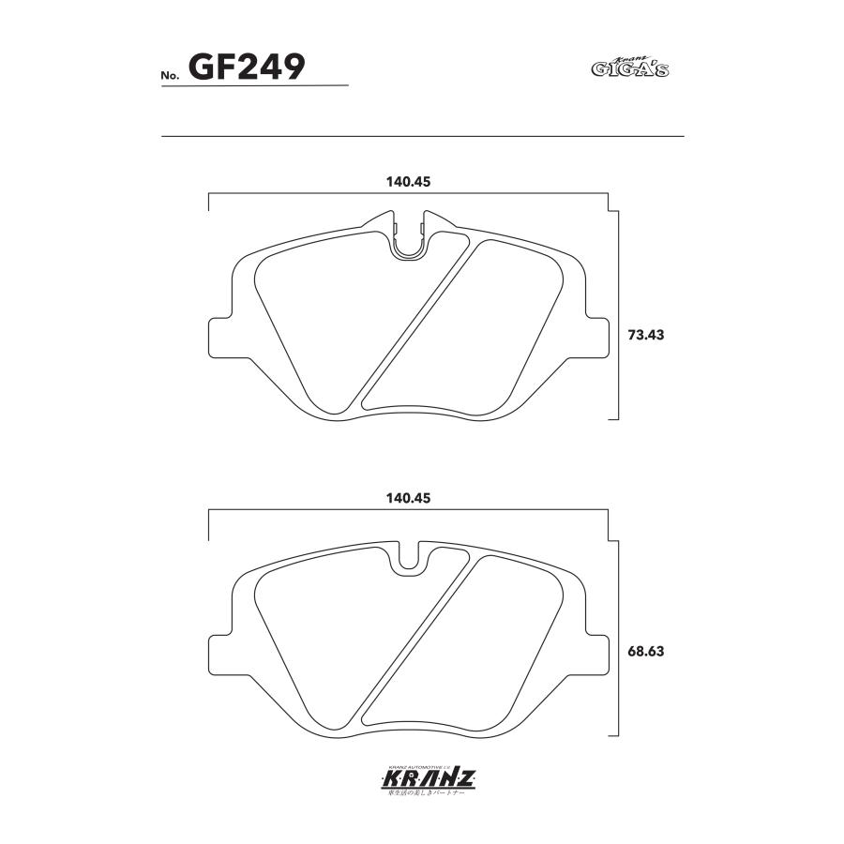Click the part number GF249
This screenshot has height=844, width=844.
pos(247,67)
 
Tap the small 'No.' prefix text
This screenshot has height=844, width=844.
pos(172,76)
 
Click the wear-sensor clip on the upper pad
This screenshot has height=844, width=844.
pos(408,241)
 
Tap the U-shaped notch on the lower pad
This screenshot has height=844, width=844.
pos(408,559)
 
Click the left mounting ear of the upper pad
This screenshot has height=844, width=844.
pos(218,336)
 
